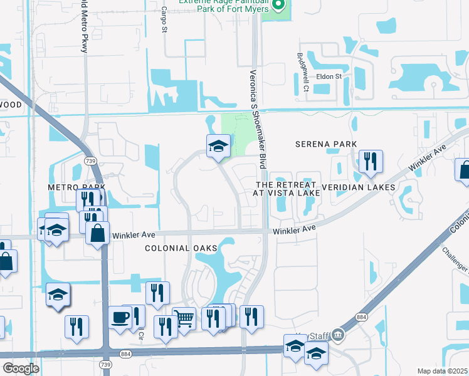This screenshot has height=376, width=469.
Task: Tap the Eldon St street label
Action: click(x=328, y=76)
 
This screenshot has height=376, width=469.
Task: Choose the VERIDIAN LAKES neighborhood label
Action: click(x=358, y=187)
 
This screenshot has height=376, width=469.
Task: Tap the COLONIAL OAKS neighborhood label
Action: click(x=176, y=248)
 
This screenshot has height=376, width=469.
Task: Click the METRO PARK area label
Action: click(x=76, y=187)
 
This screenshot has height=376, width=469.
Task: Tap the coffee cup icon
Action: click(x=119, y=318)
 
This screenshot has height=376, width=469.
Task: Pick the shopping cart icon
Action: click(x=184, y=318)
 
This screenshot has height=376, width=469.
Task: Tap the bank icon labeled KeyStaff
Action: click(x=339, y=335)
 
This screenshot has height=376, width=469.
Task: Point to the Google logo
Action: click(x=21, y=368)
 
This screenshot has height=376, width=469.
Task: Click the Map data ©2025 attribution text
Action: click(x=442, y=371)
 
